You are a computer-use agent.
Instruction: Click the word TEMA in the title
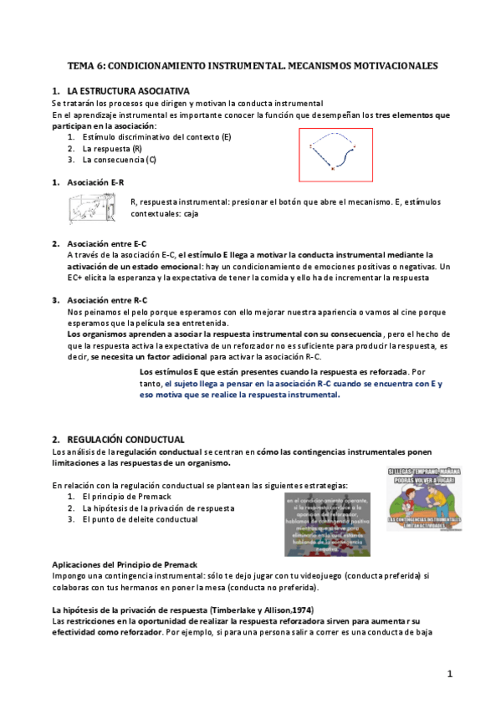tap(80, 64)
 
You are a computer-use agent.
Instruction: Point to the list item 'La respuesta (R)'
tap(112, 148)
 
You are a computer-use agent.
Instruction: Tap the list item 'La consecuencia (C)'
tap(119, 159)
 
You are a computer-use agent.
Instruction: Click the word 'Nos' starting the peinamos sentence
tap(73, 311)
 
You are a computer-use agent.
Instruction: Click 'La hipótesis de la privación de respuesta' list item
tap(157, 508)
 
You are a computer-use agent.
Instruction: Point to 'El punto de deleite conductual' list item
tap(140, 519)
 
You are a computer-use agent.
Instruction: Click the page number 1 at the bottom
tap(449, 673)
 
